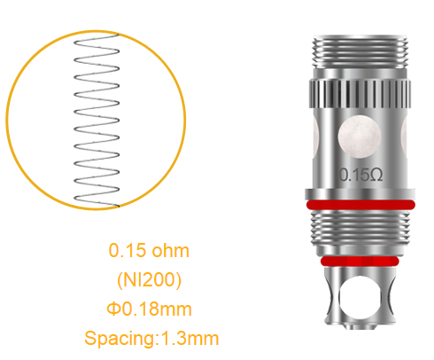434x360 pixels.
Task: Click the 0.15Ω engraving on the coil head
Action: coord(361,174)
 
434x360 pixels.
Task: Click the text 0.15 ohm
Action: coord(149,250)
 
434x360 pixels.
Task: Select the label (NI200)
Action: coord(150,279)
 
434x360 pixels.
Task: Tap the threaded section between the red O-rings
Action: coord(361,234)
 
